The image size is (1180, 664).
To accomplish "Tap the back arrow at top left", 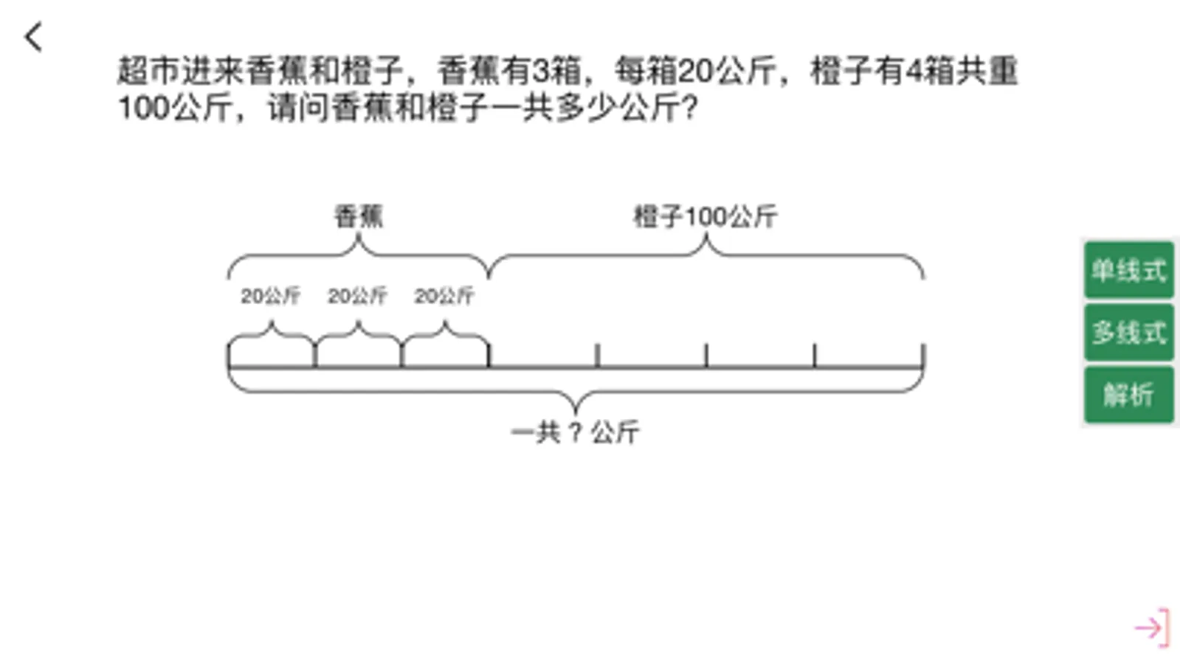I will (33, 37).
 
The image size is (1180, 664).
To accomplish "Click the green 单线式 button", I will (1128, 270).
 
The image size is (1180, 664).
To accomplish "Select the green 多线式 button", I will (1128, 332).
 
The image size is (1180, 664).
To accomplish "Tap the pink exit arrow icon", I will (1152, 628).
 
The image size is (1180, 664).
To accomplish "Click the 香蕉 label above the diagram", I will (359, 216).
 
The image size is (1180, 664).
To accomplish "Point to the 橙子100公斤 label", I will (705, 216).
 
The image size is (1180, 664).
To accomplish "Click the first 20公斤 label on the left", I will (270, 296).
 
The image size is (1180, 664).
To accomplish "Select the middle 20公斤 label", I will (357, 296).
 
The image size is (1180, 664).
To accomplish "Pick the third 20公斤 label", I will (444, 296).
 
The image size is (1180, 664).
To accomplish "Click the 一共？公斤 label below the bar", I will (575, 432).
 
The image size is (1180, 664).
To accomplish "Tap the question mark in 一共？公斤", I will (576, 432).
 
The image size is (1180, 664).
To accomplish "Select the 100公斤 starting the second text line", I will (175, 108).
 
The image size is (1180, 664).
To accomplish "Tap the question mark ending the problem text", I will (689, 108).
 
